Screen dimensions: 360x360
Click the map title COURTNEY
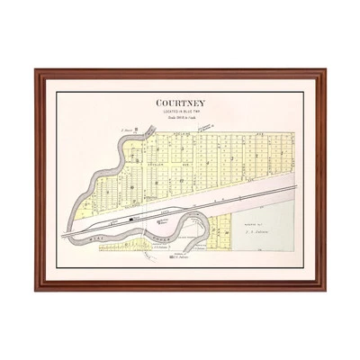pos(180,103)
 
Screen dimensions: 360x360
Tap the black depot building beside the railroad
pos(132,218)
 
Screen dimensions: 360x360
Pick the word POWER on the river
pos(135,229)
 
